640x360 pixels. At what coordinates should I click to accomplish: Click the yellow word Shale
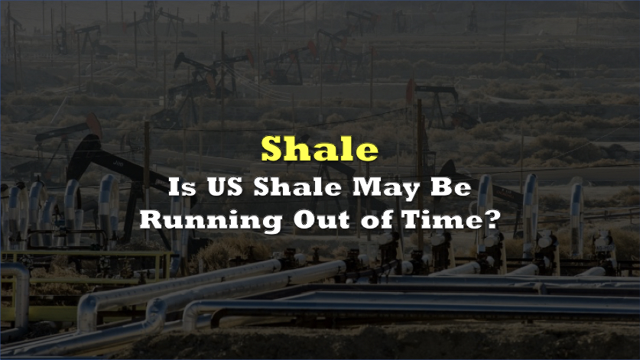tap(320, 148)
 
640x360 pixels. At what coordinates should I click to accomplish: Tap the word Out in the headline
tap(322, 220)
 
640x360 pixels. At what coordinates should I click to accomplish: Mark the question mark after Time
tap(492, 220)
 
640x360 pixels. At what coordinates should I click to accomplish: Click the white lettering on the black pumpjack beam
tap(118, 164)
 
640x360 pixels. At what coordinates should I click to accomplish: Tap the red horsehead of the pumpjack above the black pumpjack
tap(94, 125)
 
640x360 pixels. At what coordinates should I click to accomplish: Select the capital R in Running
tap(152, 220)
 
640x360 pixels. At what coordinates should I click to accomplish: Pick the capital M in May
tap(366, 187)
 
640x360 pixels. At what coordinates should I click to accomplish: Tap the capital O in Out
tap(304, 220)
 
